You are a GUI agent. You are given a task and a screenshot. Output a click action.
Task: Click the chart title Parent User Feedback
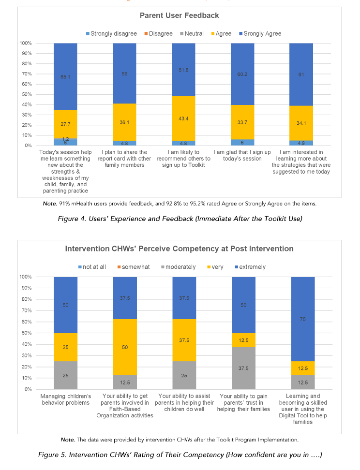(180, 15)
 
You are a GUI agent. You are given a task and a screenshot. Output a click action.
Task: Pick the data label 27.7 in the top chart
(65, 125)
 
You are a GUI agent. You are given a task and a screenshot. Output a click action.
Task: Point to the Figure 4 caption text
(180, 219)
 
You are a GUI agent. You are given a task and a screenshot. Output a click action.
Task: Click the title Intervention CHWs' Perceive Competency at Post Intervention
(180, 249)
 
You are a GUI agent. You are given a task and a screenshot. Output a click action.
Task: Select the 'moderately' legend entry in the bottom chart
(180, 267)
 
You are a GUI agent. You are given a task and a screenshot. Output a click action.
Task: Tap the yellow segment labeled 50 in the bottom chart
(124, 347)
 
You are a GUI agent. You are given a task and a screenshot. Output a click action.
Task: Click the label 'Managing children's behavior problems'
(65, 400)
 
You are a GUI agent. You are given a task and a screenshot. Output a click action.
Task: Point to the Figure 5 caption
(180, 455)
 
